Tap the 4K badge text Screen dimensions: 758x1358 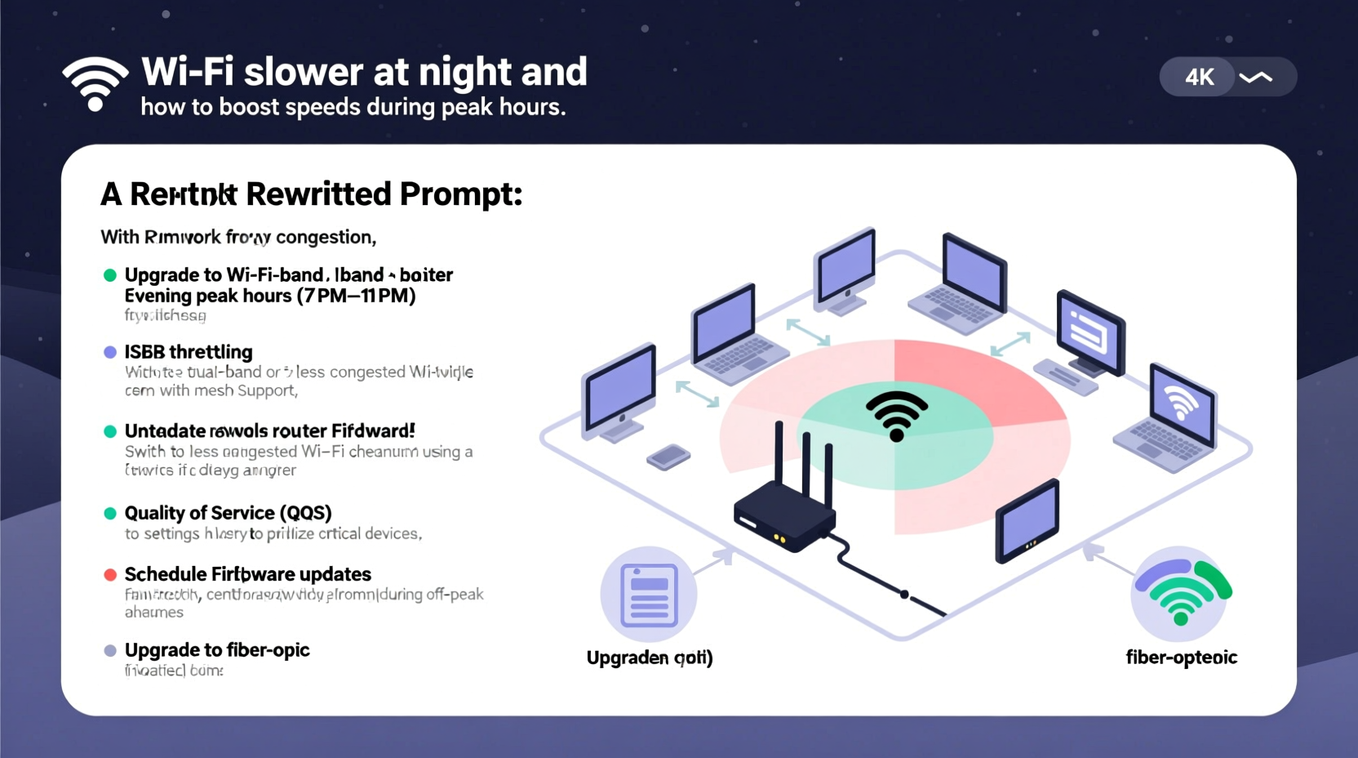[1199, 78]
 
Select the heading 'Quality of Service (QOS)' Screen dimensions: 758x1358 [228, 513]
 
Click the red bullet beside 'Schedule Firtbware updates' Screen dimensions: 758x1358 [110, 574]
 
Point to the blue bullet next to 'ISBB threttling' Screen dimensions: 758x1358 [110, 352]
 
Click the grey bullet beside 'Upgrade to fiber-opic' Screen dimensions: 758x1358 [110, 651]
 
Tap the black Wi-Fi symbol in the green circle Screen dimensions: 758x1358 [896, 415]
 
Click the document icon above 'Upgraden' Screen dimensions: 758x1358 [649, 595]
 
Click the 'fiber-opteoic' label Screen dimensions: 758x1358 [1181, 658]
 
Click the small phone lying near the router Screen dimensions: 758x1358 [668, 457]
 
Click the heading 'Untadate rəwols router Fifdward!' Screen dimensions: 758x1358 [269, 431]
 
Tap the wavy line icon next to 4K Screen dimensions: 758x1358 [1255, 78]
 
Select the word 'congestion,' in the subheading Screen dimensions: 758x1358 [326, 238]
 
